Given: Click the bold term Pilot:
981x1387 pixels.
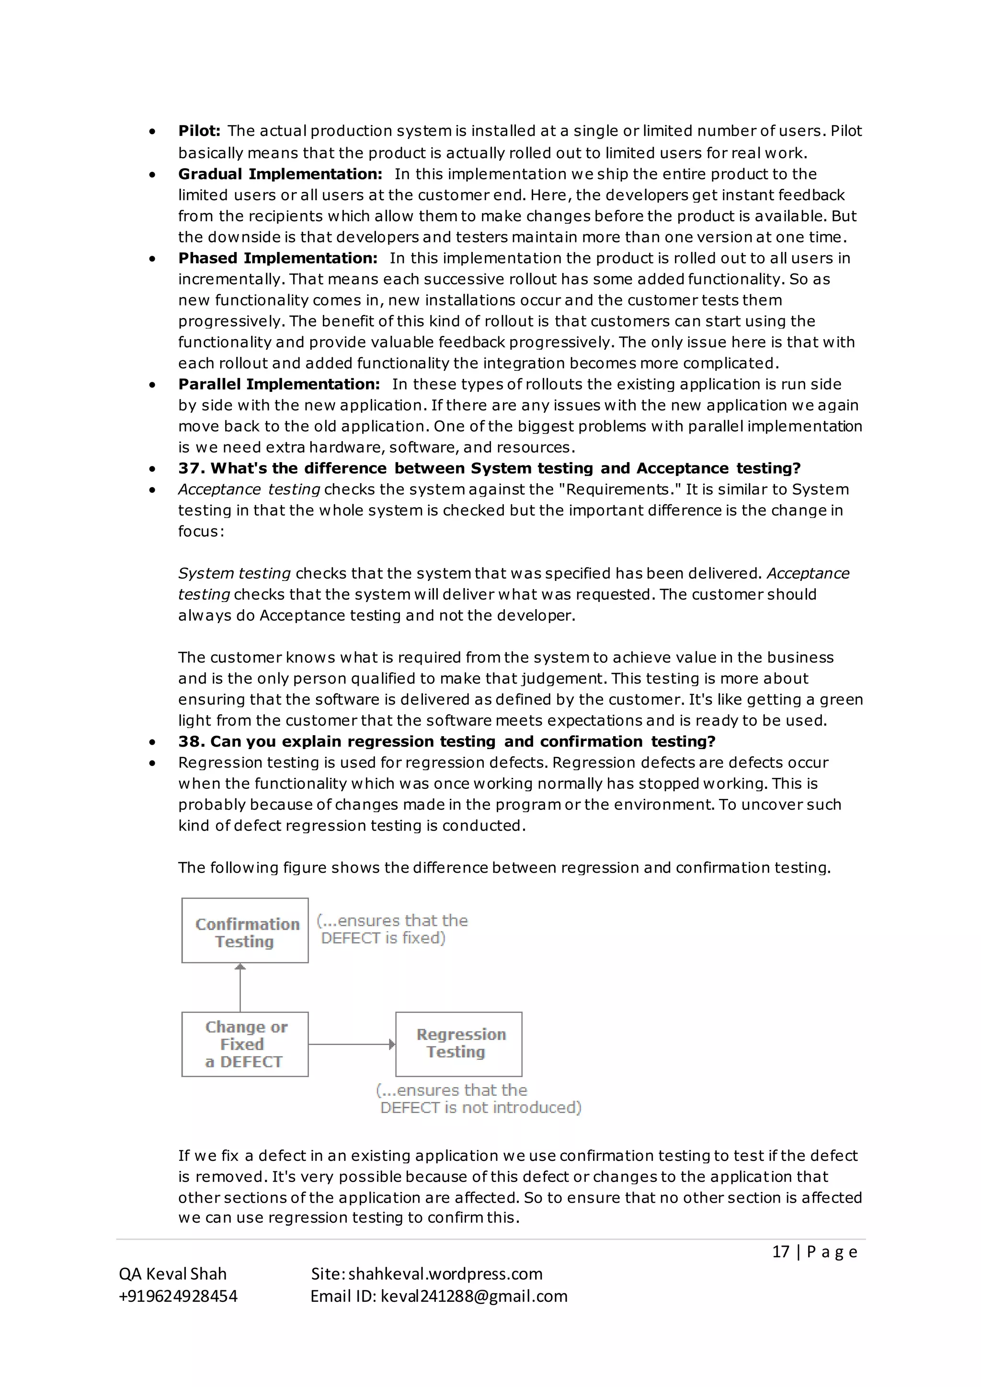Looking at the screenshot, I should (199, 131).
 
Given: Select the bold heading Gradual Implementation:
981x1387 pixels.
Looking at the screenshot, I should (280, 174).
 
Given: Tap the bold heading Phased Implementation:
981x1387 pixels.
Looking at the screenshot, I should (277, 258).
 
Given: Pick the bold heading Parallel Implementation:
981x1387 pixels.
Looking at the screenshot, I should (278, 384).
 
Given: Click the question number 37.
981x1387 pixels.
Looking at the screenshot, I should (192, 468).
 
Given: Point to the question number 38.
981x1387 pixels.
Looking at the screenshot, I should (192, 741).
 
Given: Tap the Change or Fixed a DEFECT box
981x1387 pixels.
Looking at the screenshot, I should (245, 1044).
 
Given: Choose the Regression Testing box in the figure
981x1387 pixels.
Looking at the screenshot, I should (458, 1044).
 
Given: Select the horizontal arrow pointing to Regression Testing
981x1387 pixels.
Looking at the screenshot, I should (352, 1044).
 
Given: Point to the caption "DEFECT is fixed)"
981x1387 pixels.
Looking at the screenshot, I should (383, 938).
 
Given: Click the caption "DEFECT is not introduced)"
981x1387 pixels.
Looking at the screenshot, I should (480, 1107).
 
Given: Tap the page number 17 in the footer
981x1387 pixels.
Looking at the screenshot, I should (780, 1251).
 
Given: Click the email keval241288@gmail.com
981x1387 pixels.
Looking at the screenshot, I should (474, 1296).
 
